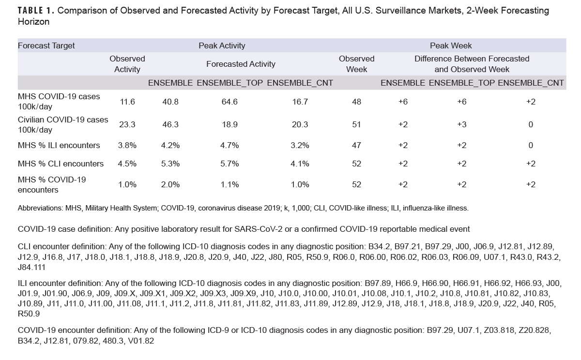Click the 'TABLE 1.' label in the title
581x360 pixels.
click(35, 11)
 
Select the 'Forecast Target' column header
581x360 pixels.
click(46, 45)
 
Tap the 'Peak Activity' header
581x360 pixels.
click(222, 45)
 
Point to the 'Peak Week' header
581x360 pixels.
click(451, 45)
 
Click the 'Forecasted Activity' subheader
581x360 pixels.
click(241, 64)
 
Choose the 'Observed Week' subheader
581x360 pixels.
click(356, 64)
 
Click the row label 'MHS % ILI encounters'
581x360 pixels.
click(59, 145)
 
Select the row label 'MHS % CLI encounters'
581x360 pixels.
click(61, 164)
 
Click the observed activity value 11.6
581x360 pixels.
click(127, 102)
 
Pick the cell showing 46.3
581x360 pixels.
click(170, 124)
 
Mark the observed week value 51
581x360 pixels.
click(356, 124)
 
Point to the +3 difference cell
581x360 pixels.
click(461, 124)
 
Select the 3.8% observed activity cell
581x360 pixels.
click(127, 145)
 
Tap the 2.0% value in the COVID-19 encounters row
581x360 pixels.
click(170, 185)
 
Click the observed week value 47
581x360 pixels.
click(356, 145)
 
